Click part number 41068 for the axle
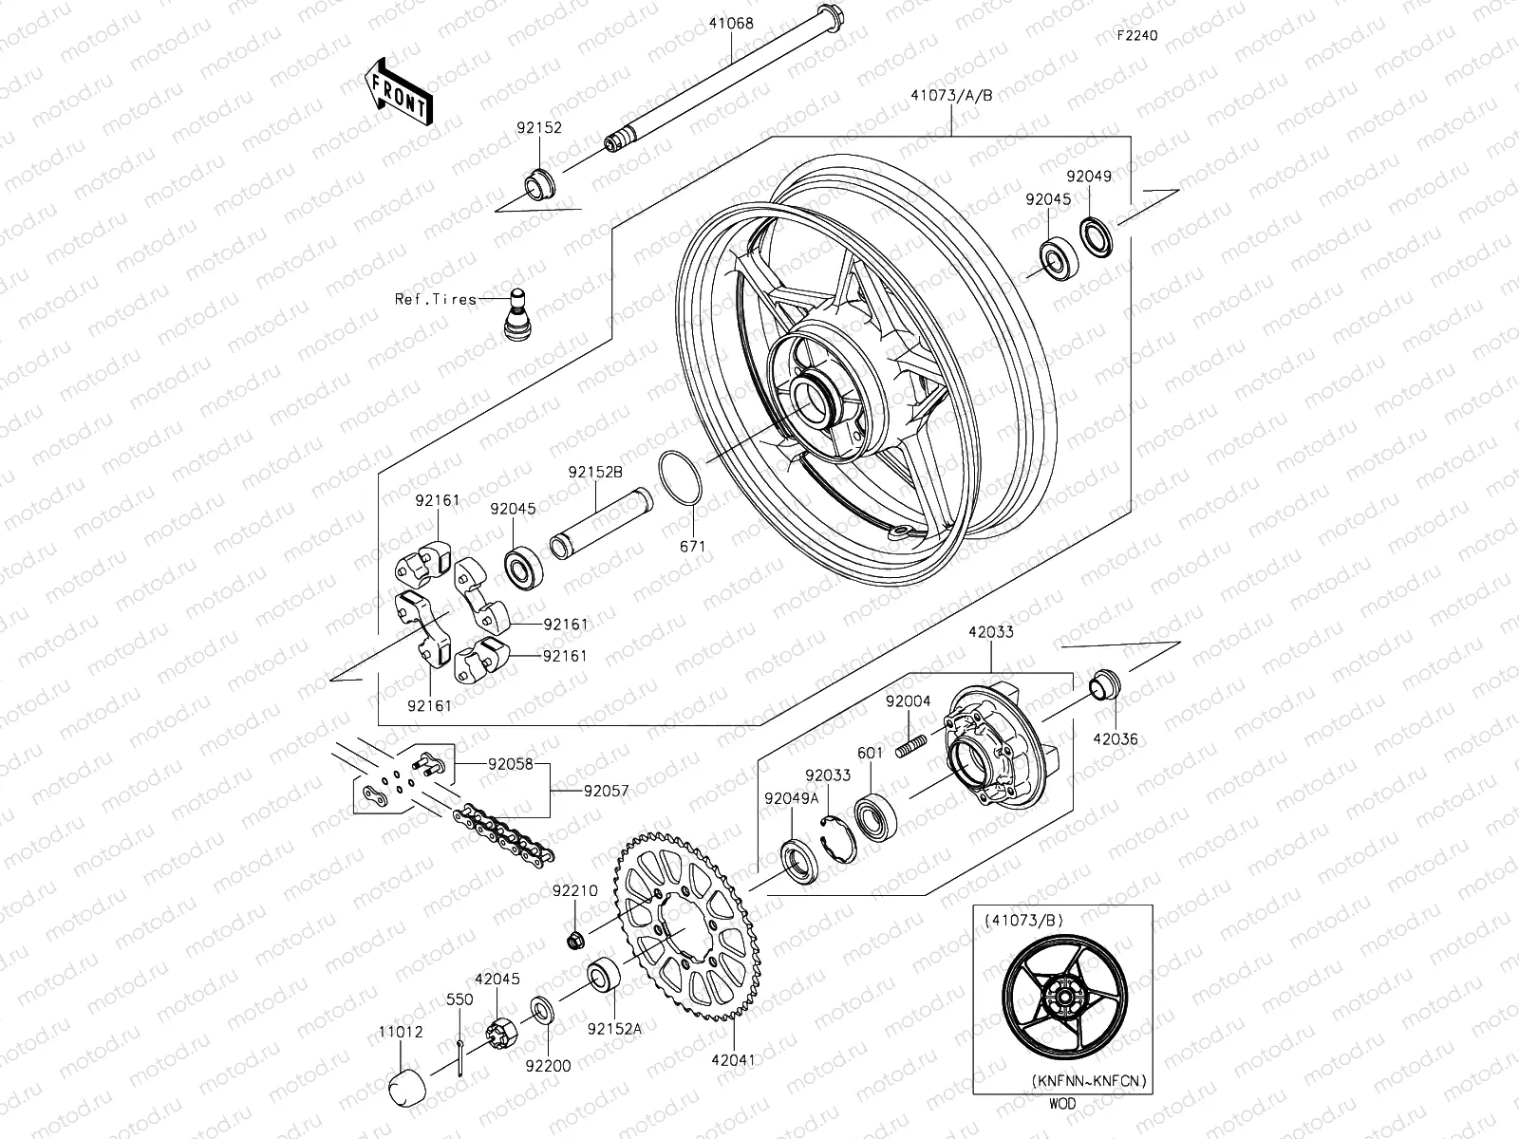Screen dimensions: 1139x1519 tap(729, 24)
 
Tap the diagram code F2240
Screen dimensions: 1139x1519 tap(1136, 36)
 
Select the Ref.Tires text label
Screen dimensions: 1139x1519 tap(436, 299)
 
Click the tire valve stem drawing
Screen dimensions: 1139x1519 tap(517, 312)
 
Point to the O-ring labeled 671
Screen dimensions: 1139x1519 tap(682, 477)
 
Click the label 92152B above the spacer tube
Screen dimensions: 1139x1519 tap(595, 472)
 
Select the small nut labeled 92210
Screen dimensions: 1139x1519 tap(574, 940)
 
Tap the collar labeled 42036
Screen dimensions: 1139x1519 tap(1104, 682)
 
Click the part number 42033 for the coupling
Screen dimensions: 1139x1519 tap(990, 631)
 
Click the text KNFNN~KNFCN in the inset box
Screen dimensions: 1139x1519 tap(1090, 1080)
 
